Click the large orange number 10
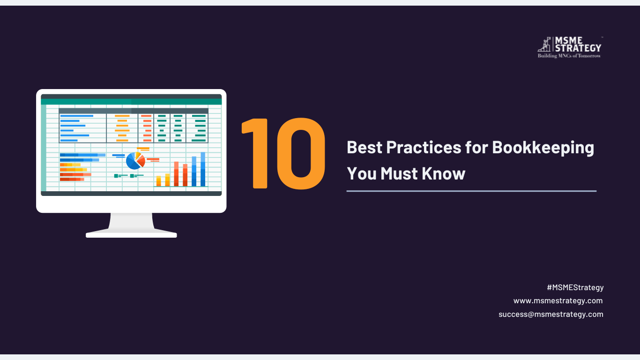(x=283, y=154)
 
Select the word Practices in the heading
(x=424, y=147)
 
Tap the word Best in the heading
(x=365, y=147)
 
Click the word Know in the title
(x=443, y=173)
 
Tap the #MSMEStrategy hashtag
(x=575, y=287)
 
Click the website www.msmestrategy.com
(x=558, y=301)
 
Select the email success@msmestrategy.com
(x=551, y=314)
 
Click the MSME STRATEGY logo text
(x=578, y=45)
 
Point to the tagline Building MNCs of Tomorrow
(x=569, y=56)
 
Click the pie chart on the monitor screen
(x=135, y=161)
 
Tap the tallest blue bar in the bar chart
(x=203, y=169)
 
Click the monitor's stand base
(x=131, y=234)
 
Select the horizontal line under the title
(x=471, y=191)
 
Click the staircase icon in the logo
(x=544, y=45)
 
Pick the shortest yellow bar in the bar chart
(x=158, y=181)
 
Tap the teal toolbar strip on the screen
(x=131, y=102)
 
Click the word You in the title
(x=361, y=173)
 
